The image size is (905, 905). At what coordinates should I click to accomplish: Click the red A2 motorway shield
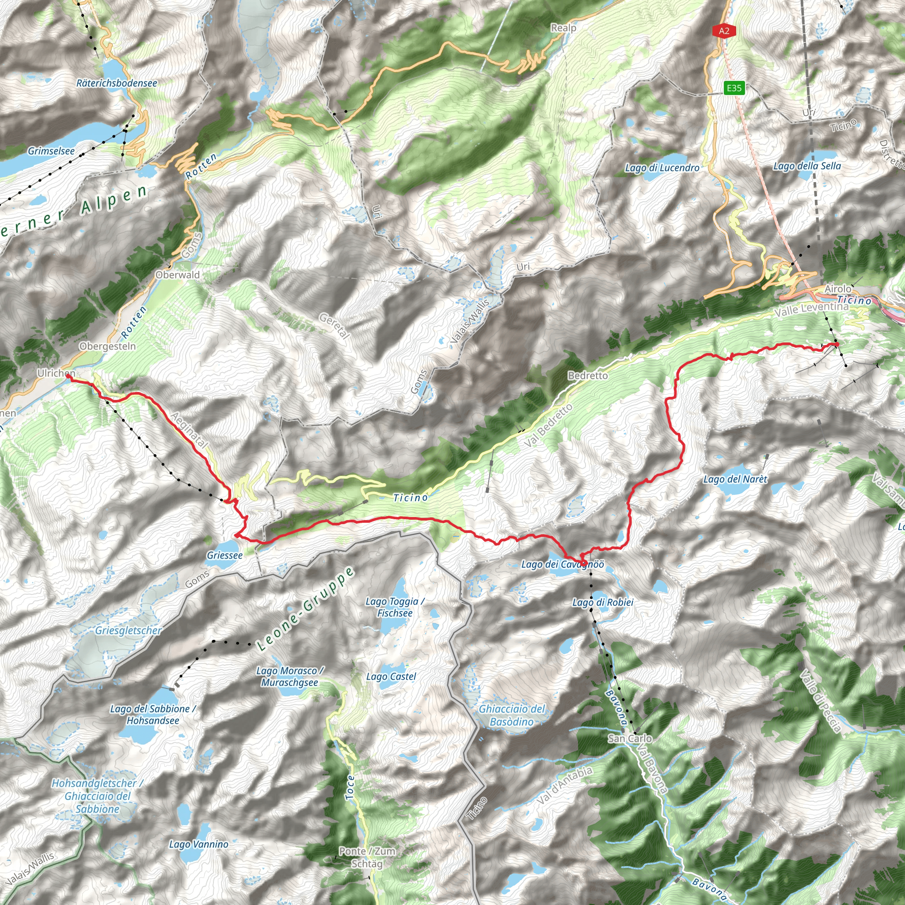coord(724,31)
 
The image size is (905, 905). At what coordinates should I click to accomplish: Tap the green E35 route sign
coord(734,87)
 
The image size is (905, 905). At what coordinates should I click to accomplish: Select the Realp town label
coord(563,28)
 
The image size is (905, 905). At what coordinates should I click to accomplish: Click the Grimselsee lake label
coord(51,151)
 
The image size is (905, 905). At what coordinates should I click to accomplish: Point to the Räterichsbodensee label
coord(117,83)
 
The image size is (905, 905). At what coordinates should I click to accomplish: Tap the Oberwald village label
coord(178,275)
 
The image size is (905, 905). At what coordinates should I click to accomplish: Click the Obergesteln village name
coord(108,346)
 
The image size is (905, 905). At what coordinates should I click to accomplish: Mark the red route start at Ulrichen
coord(68,376)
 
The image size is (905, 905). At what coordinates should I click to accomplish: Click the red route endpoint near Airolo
coord(837,345)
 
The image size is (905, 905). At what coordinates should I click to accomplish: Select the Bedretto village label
coord(587,375)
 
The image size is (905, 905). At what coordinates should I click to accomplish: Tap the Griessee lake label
coord(225,555)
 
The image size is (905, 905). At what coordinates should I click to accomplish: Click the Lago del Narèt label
coord(735,479)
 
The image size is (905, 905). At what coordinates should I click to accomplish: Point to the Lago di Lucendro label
coord(662,167)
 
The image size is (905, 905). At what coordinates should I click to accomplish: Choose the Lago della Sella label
coord(806,166)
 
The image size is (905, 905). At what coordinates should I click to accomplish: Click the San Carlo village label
coord(630,738)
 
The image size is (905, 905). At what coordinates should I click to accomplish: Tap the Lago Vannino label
coord(198,844)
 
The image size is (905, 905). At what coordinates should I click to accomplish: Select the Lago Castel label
coord(391,677)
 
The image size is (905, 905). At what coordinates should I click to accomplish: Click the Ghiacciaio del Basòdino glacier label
coord(512,715)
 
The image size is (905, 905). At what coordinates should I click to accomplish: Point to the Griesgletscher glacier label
coord(128,631)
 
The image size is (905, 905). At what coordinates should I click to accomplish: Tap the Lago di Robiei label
coord(603,602)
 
